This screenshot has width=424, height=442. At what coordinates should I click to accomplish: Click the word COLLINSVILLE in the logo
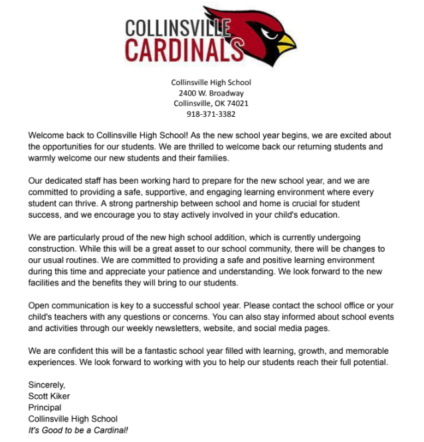click(177, 28)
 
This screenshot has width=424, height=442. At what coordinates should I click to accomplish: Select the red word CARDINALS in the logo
click(183, 50)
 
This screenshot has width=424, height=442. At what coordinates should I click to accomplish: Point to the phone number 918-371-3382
click(211, 113)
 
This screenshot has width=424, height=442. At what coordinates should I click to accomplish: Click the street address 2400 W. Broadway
click(211, 93)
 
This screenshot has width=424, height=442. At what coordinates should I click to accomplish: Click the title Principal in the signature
click(45, 407)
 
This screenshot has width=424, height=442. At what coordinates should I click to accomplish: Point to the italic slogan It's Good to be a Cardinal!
click(78, 430)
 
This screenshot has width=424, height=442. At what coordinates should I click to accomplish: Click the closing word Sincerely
click(47, 384)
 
